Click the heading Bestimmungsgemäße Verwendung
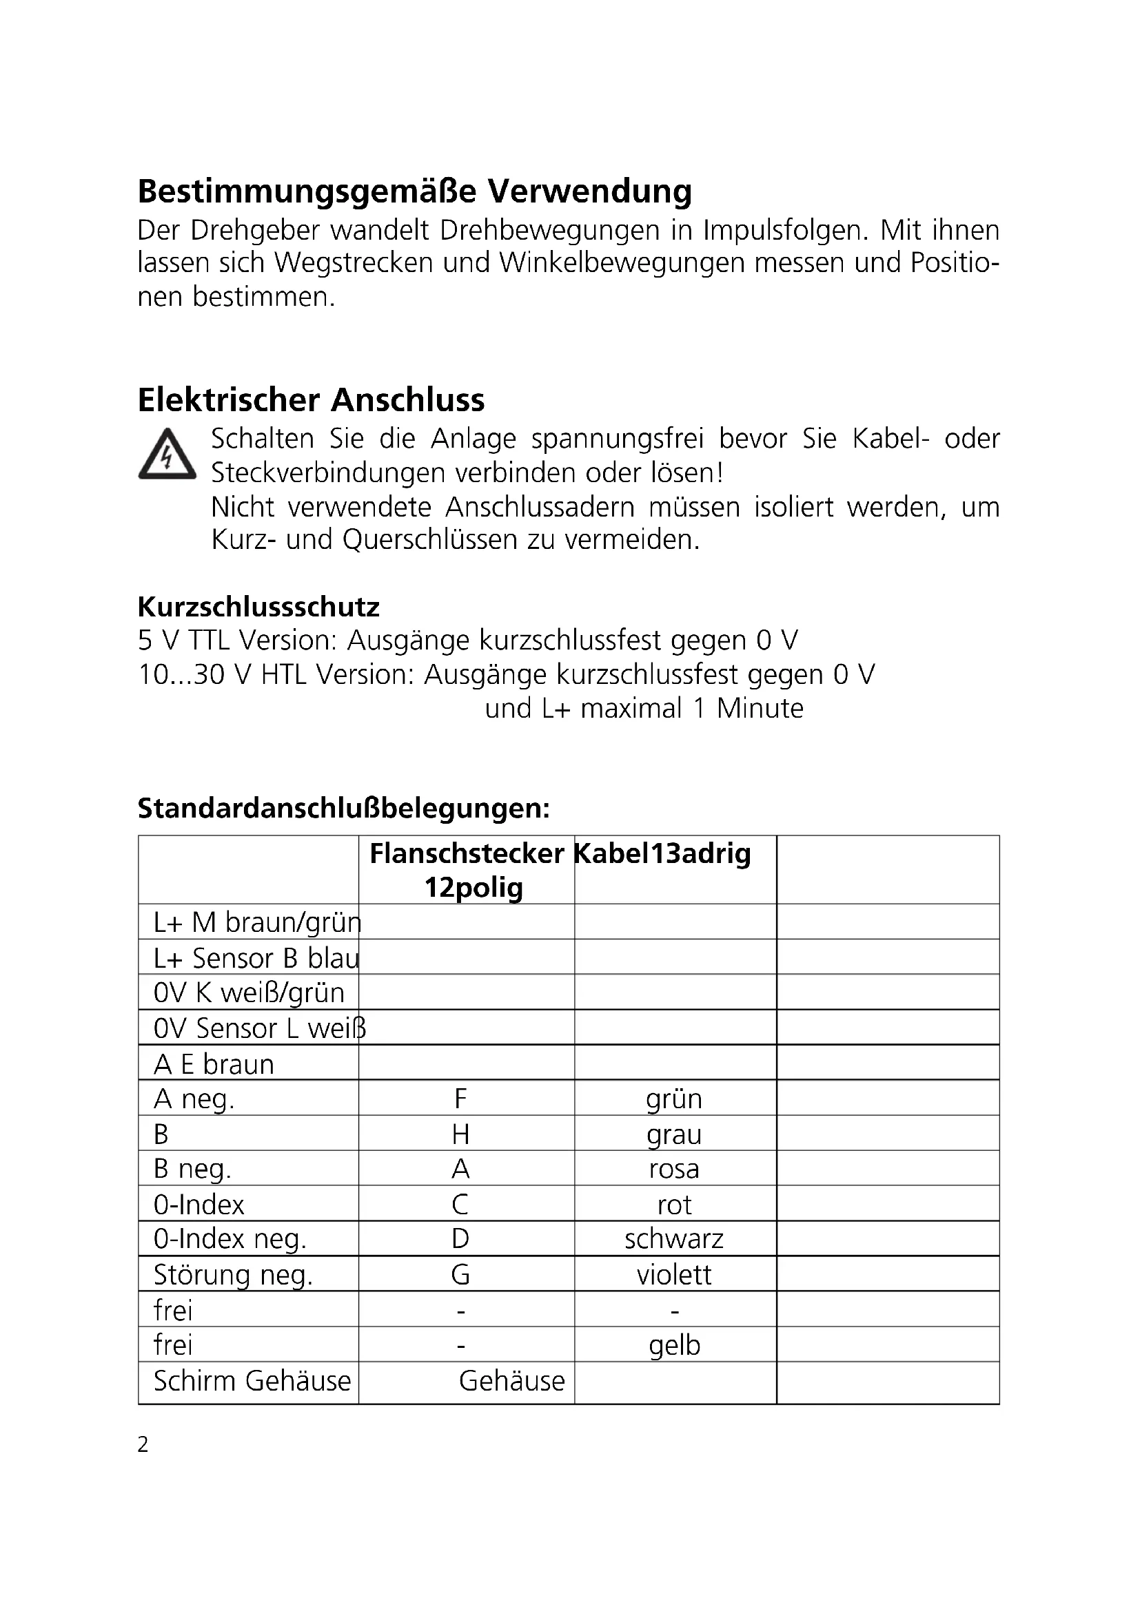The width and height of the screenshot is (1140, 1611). tap(414, 191)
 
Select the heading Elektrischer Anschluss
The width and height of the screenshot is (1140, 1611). tap(311, 400)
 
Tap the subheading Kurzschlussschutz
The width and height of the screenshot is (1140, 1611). tap(258, 606)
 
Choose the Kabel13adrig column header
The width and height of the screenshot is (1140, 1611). tap(662, 854)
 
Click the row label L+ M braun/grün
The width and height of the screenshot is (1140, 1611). tap(257, 922)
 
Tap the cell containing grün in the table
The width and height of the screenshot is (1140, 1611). tap(674, 1099)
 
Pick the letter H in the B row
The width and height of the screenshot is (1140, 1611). tap(460, 1134)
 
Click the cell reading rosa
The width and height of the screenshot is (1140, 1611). tap(674, 1169)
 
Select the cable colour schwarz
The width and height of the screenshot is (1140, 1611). tap(674, 1239)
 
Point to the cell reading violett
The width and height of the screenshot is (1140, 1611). tap(674, 1275)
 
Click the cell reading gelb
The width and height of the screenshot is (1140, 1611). tap(674, 1345)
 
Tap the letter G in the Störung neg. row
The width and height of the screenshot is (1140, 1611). tap(460, 1275)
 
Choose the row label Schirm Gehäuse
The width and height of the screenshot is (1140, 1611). tap(252, 1381)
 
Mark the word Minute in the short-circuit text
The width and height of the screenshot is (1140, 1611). tap(760, 709)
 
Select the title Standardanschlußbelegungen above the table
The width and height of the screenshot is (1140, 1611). tap(343, 809)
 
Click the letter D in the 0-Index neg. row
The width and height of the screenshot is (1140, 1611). tap(460, 1239)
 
